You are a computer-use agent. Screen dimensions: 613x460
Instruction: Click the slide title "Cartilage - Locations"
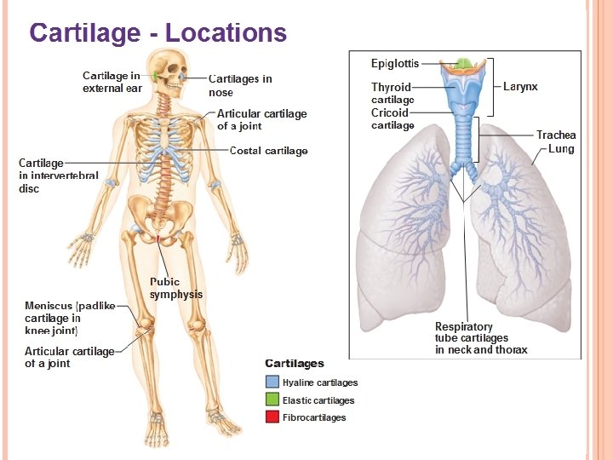coord(158,33)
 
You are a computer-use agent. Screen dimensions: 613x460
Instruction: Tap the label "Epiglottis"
coord(394,64)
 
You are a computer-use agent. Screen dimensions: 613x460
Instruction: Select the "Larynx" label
coord(520,87)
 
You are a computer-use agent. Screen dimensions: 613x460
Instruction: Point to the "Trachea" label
coord(556,135)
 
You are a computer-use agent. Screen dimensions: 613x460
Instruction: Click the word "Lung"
coord(561,149)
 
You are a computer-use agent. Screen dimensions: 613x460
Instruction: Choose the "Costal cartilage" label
coord(269,151)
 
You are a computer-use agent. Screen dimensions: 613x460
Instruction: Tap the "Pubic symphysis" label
coord(176,288)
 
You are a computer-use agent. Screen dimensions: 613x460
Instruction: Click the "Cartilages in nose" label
coord(240,85)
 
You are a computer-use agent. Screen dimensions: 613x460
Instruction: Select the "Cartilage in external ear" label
coord(112,82)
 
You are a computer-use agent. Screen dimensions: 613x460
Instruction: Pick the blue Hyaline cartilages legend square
coord(272,382)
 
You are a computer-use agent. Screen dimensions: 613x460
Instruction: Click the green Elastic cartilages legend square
coord(272,400)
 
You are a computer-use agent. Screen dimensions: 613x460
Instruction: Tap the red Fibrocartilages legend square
coord(272,417)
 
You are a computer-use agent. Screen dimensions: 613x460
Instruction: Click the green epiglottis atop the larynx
coord(464,64)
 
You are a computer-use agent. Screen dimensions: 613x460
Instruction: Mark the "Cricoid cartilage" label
coord(392,118)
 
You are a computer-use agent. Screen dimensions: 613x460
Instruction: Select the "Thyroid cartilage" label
coord(392,93)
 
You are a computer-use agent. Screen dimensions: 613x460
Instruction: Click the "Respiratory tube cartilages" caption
coord(480,338)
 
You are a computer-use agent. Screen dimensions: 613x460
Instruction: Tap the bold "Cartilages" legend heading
coord(295,364)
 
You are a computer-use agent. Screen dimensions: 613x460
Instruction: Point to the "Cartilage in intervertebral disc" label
coord(58,175)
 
